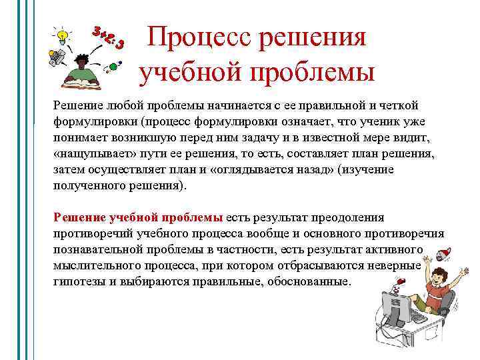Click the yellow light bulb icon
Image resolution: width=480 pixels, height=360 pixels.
[x=63, y=34]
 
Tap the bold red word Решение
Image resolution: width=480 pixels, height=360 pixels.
[x=79, y=217]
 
